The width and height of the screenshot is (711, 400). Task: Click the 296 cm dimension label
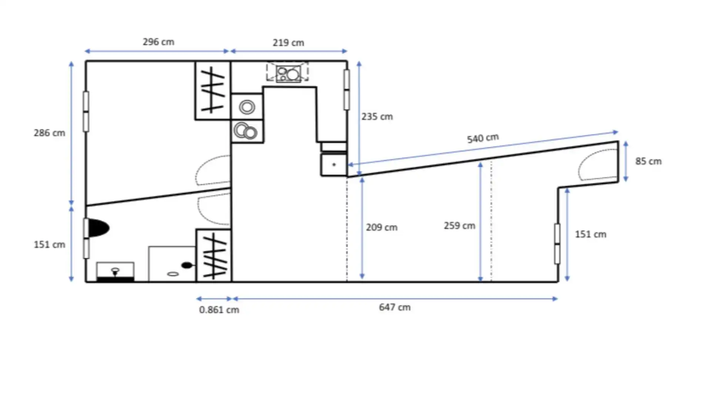(x=158, y=42)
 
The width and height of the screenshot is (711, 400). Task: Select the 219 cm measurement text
(x=288, y=43)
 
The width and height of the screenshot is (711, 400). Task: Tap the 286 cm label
(x=49, y=133)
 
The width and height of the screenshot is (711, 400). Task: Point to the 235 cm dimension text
(x=377, y=117)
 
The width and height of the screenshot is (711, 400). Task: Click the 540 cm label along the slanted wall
(x=483, y=138)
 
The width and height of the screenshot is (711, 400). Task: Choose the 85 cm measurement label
(x=648, y=161)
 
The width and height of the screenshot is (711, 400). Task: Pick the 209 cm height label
(x=382, y=227)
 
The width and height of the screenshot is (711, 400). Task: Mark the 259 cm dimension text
(x=460, y=226)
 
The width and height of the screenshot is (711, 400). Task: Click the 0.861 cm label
(x=219, y=310)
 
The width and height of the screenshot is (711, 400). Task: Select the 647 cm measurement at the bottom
(x=395, y=307)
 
